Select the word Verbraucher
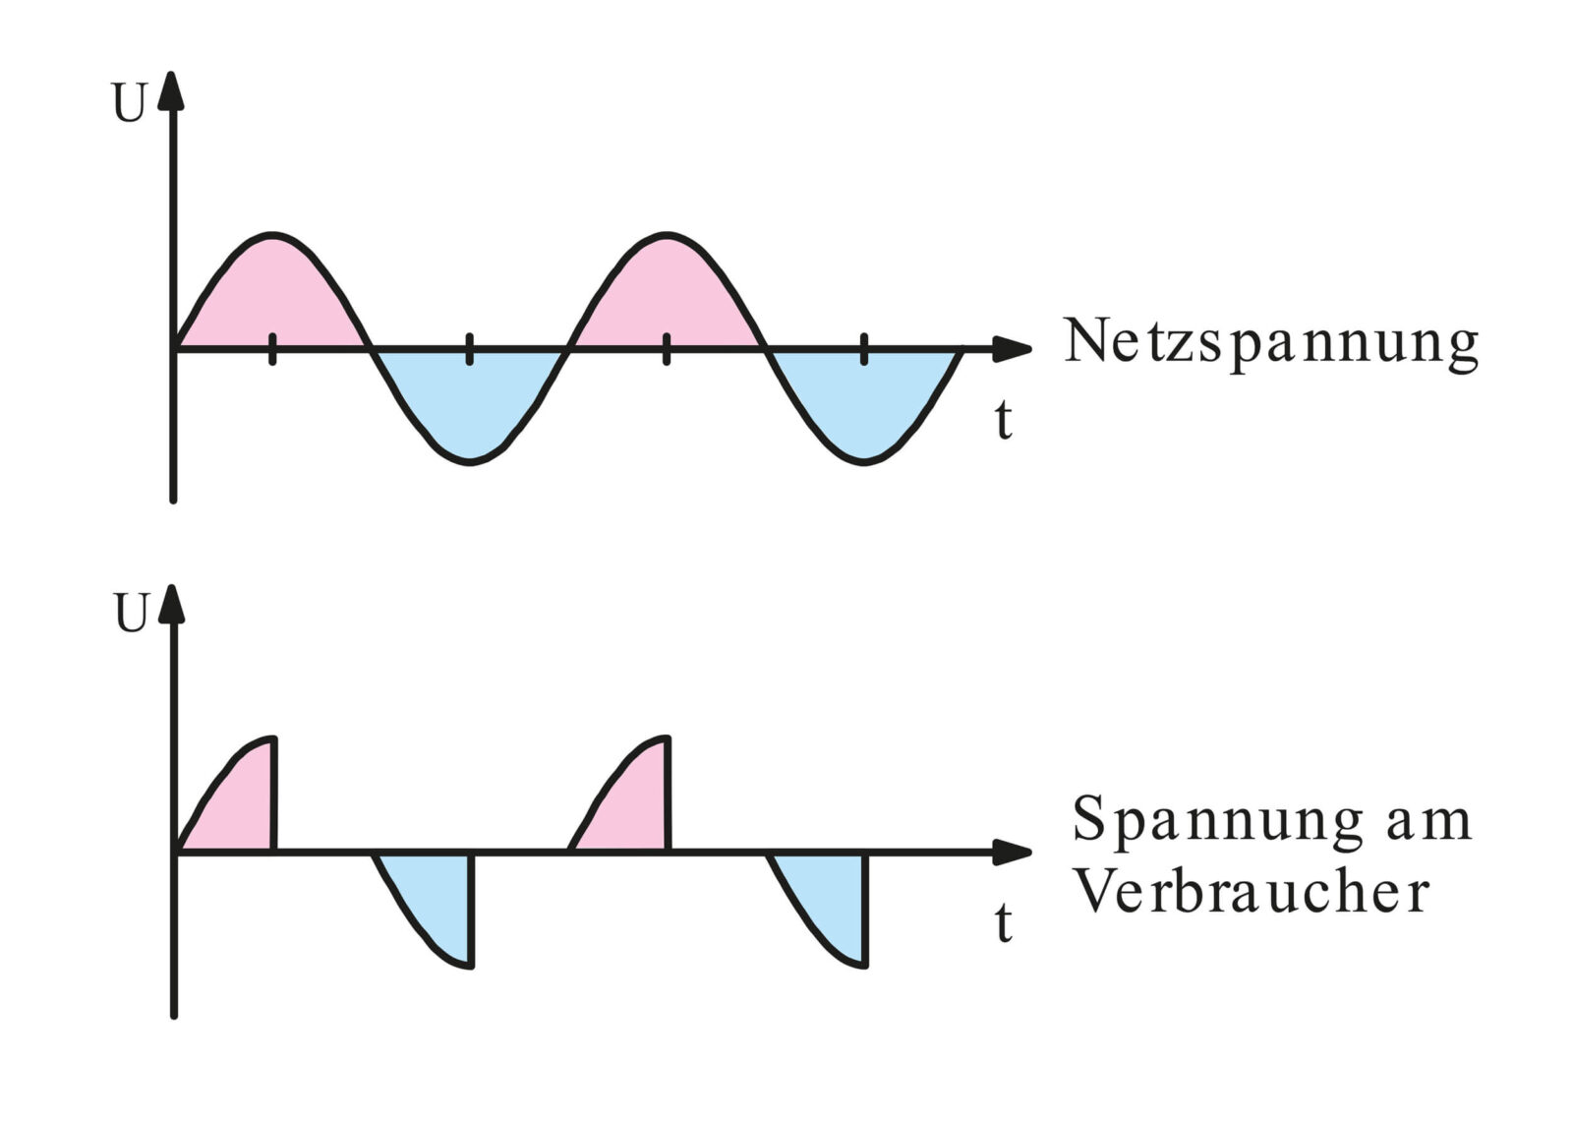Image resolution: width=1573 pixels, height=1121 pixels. pyautogui.click(x=1249, y=893)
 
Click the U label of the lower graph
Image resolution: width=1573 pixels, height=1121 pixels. pyautogui.click(x=130, y=615)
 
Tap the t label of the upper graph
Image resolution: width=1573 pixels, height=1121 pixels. pyautogui.click(x=1002, y=421)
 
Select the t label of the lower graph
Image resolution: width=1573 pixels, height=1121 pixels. pyautogui.click(x=1002, y=923)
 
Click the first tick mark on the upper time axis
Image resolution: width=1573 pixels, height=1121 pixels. pyautogui.click(x=272, y=349)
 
